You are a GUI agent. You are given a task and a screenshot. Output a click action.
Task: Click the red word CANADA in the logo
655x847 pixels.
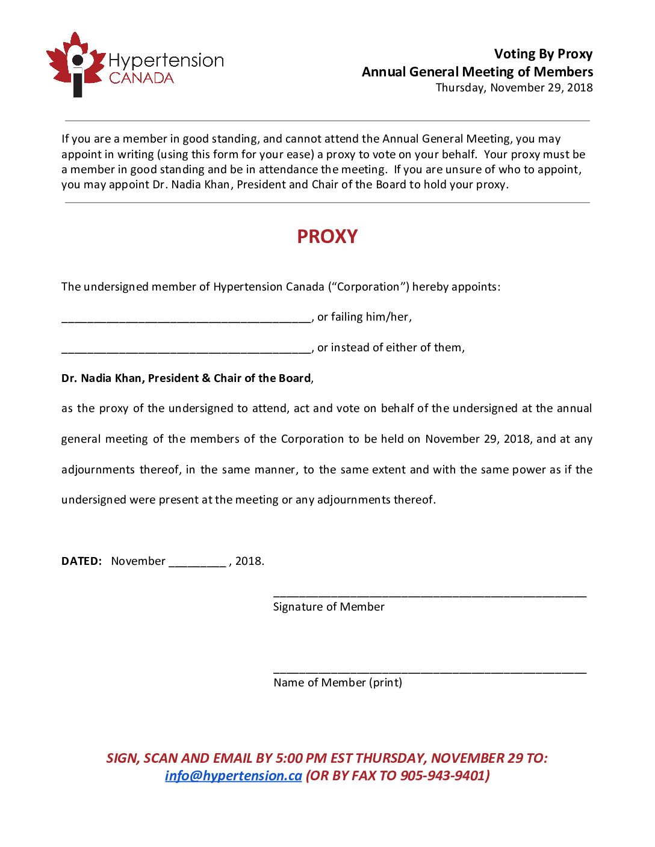[141, 78]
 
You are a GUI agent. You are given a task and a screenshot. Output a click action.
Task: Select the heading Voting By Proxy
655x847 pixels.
[543, 54]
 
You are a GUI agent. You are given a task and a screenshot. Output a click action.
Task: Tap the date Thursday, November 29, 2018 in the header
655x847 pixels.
[514, 88]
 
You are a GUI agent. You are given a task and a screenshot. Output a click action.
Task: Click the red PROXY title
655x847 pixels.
[327, 236]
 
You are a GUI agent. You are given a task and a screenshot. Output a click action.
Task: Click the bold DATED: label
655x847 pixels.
[81, 561]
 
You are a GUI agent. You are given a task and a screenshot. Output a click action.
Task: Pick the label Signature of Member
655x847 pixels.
[329, 607]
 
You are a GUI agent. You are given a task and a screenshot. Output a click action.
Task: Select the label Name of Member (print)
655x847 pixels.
[338, 683]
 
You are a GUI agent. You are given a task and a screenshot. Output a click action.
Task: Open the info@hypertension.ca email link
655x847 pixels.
[233, 776]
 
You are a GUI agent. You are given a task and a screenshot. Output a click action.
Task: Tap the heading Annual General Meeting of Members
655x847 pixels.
[477, 72]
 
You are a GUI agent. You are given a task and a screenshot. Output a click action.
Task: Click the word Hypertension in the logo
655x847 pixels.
[166, 61]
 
